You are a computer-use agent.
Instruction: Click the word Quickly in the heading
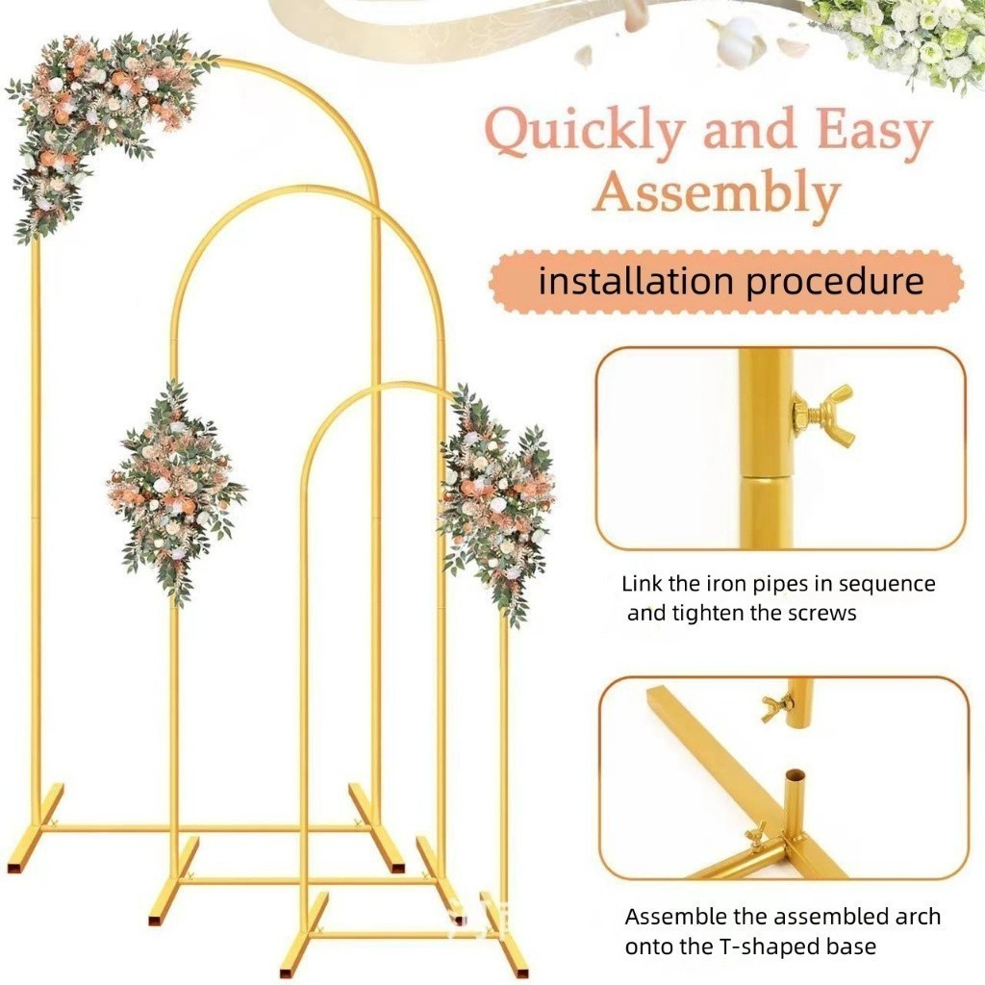tap(584, 133)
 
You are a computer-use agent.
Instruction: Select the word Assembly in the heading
tap(716, 192)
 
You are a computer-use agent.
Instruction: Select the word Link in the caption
tap(643, 584)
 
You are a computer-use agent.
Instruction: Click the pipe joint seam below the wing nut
tap(767, 474)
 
